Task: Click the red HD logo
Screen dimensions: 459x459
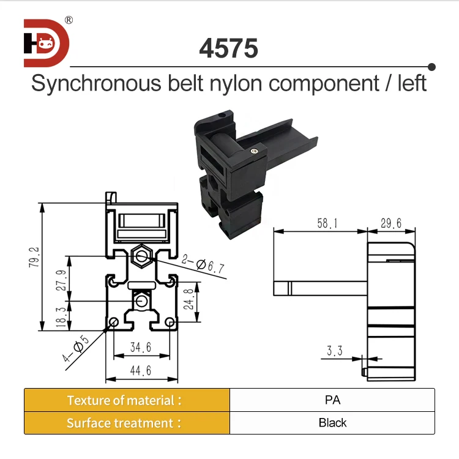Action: pos(47,43)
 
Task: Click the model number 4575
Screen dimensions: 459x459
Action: pos(228,49)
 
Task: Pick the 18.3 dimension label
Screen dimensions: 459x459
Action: pos(61,315)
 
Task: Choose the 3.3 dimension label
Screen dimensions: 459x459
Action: pos(335,351)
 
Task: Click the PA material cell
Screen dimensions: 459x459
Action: pos(332,400)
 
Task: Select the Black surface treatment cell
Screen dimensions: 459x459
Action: pos(332,423)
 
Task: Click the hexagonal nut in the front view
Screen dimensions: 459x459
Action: pos(142,253)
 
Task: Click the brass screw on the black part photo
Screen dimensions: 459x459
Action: pos(254,147)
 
